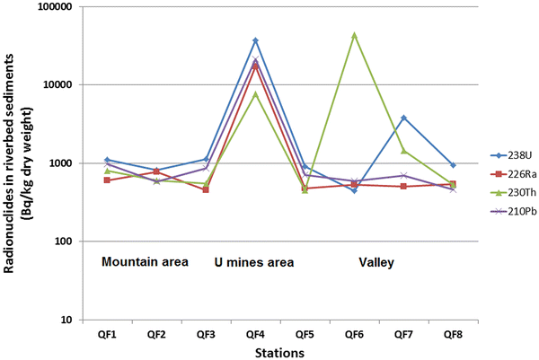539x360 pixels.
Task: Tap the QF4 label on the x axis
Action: tap(255, 334)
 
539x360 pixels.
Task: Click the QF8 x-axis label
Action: tap(453, 334)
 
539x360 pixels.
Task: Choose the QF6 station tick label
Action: tap(354, 334)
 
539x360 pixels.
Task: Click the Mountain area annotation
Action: tap(144, 262)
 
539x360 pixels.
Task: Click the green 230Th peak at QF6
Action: tap(354, 35)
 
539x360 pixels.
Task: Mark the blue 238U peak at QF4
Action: tap(255, 40)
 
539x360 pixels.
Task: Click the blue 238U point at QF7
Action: tap(403, 118)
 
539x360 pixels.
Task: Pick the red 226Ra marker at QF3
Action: tap(206, 189)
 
